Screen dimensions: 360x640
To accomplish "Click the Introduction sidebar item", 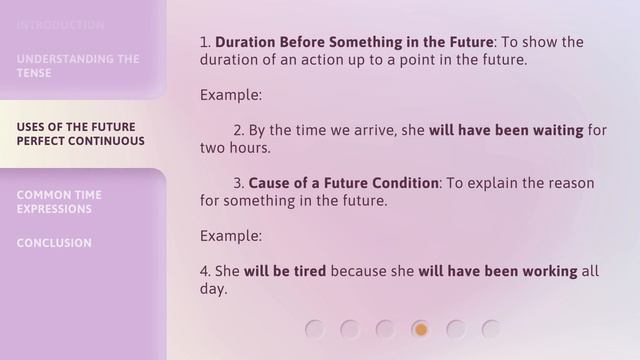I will pos(60,25).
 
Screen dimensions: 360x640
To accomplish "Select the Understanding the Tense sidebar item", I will pos(78,66).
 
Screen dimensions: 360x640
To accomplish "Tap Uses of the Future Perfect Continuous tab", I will pos(80,134).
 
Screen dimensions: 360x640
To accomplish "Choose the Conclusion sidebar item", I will pos(54,243).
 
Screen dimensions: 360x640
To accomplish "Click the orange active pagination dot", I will pos(421,329).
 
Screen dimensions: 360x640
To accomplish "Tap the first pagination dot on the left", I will pos(315,329).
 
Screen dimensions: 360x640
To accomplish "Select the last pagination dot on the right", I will pos(491,329).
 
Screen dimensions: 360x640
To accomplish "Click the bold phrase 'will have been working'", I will pos(498,271).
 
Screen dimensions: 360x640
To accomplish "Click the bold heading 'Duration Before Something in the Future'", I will pos(354,42).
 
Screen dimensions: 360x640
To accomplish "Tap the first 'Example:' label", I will pos(231,95).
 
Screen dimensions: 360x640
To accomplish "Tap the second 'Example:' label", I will pos(231,236).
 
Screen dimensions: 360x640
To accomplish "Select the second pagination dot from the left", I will pos(350,329).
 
